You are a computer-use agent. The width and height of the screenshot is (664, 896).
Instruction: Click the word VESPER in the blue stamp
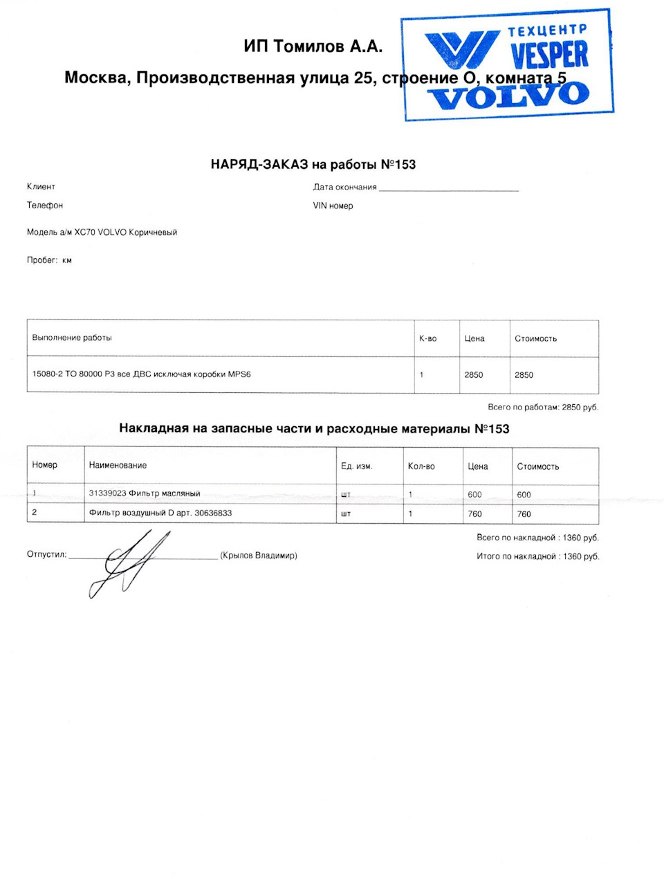coord(549,55)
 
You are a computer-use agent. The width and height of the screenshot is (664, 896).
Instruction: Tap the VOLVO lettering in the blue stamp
coord(508,95)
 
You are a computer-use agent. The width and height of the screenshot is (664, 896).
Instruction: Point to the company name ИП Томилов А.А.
coord(313,46)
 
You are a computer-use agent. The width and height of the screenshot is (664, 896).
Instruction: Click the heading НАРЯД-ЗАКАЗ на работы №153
coord(313,165)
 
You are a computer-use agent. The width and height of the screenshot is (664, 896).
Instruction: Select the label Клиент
coord(41,187)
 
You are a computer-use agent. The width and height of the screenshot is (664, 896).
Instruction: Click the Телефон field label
coord(45,205)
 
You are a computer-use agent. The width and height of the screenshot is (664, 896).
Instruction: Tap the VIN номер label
coord(333,205)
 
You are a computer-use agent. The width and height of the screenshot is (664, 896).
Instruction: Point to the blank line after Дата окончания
coord(448,188)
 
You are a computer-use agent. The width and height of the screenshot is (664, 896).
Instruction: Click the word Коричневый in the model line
coord(153,232)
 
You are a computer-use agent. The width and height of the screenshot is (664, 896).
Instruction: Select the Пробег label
coord(42,260)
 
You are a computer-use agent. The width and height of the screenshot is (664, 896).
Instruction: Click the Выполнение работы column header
coord(72,338)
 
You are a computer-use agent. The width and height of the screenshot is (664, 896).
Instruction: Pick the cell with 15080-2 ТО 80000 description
coord(141,374)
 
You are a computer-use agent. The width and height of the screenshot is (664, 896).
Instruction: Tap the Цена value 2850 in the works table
coord(474,375)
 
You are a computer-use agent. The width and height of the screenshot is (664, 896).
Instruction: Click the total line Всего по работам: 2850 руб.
coord(543,408)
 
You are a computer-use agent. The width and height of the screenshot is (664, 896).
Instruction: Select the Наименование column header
coord(118,465)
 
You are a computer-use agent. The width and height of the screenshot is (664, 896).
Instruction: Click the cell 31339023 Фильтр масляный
coord(145,493)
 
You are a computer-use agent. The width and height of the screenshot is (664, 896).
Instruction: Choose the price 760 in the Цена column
coord(474,514)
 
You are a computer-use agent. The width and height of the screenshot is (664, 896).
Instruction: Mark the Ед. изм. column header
coord(357,466)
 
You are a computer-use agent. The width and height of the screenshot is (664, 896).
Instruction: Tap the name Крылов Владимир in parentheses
coord(259,556)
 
